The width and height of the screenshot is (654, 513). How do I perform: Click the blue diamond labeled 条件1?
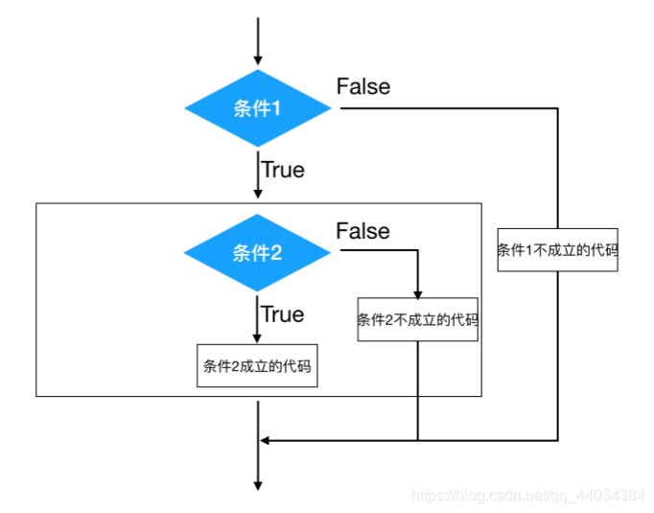tap(258, 108)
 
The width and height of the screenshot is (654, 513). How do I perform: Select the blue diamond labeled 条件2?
tap(258, 253)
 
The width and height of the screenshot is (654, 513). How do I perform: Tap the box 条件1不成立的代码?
tap(557, 250)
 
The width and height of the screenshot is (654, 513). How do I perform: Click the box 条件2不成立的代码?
tap(418, 320)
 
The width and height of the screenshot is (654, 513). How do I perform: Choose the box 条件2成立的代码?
tap(257, 365)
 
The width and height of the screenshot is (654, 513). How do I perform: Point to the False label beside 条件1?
tap(363, 86)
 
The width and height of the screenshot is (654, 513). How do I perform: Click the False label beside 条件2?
tap(363, 231)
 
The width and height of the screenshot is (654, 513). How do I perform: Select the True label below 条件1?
tap(283, 170)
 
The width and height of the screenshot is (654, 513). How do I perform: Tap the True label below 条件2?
tap(283, 315)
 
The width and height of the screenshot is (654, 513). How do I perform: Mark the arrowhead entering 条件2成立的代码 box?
tap(258, 338)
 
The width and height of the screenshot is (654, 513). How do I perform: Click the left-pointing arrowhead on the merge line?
tap(267, 440)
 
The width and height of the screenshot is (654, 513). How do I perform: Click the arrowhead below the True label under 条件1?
tap(258, 195)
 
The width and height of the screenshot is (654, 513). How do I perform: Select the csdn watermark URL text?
tap(527, 496)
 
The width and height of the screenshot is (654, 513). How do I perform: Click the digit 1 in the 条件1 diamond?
tap(276, 108)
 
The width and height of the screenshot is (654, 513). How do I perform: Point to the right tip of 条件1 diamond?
tap(332, 108)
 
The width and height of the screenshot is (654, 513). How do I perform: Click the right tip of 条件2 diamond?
tap(332, 253)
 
